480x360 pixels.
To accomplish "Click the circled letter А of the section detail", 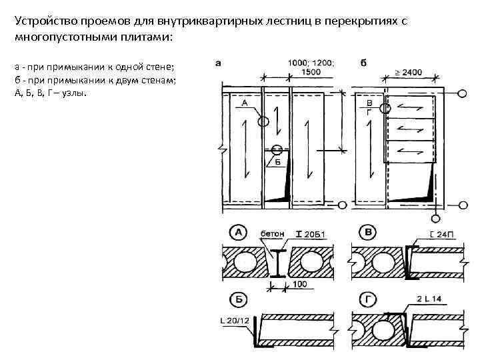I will tap(237, 233).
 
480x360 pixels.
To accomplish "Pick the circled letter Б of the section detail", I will tap(237, 298).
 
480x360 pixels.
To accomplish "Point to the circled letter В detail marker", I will tap(367, 233).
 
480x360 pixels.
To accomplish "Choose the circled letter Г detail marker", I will tap(367, 298).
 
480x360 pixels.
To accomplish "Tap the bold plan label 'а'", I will tap(219, 63).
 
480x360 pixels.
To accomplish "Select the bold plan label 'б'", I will tap(363, 63).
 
